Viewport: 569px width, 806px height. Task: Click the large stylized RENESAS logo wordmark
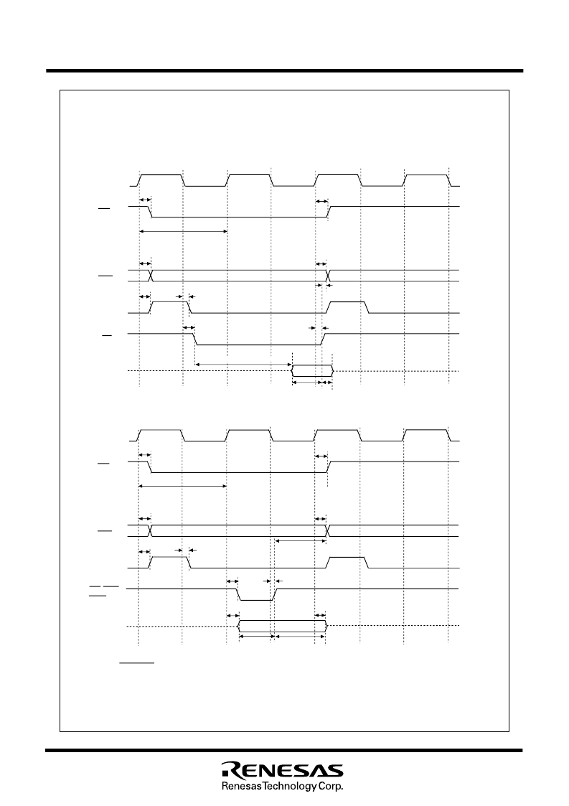click(x=282, y=769)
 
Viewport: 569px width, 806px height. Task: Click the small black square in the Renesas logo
click(x=225, y=774)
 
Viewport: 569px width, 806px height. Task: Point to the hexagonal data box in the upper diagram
click(x=312, y=370)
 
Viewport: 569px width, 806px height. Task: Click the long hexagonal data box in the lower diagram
click(x=282, y=626)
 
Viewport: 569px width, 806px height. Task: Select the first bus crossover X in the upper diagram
click(x=151, y=276)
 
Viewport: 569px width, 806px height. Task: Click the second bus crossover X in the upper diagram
click(x=327, y=276)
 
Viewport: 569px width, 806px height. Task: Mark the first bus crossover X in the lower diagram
click(x=151, y=530)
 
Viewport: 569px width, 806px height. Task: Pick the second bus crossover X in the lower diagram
click(x=327, y=530)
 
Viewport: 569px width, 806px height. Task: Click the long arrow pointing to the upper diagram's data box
click(x=243, y=365)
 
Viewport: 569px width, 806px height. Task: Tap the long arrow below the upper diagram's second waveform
click(x=183, y=231)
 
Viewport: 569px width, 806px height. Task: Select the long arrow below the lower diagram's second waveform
click(x=182, y=487)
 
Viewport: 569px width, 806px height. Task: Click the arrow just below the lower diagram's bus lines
click(x=301, y=540)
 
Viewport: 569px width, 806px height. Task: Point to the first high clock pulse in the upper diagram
click(x=161, y=180)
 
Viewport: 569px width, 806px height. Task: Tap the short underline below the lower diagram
click(x=137, y=663)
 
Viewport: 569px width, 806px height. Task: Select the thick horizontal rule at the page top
click(x=285, y=71)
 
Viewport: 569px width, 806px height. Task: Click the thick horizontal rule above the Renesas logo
click(x=283, y=750)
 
